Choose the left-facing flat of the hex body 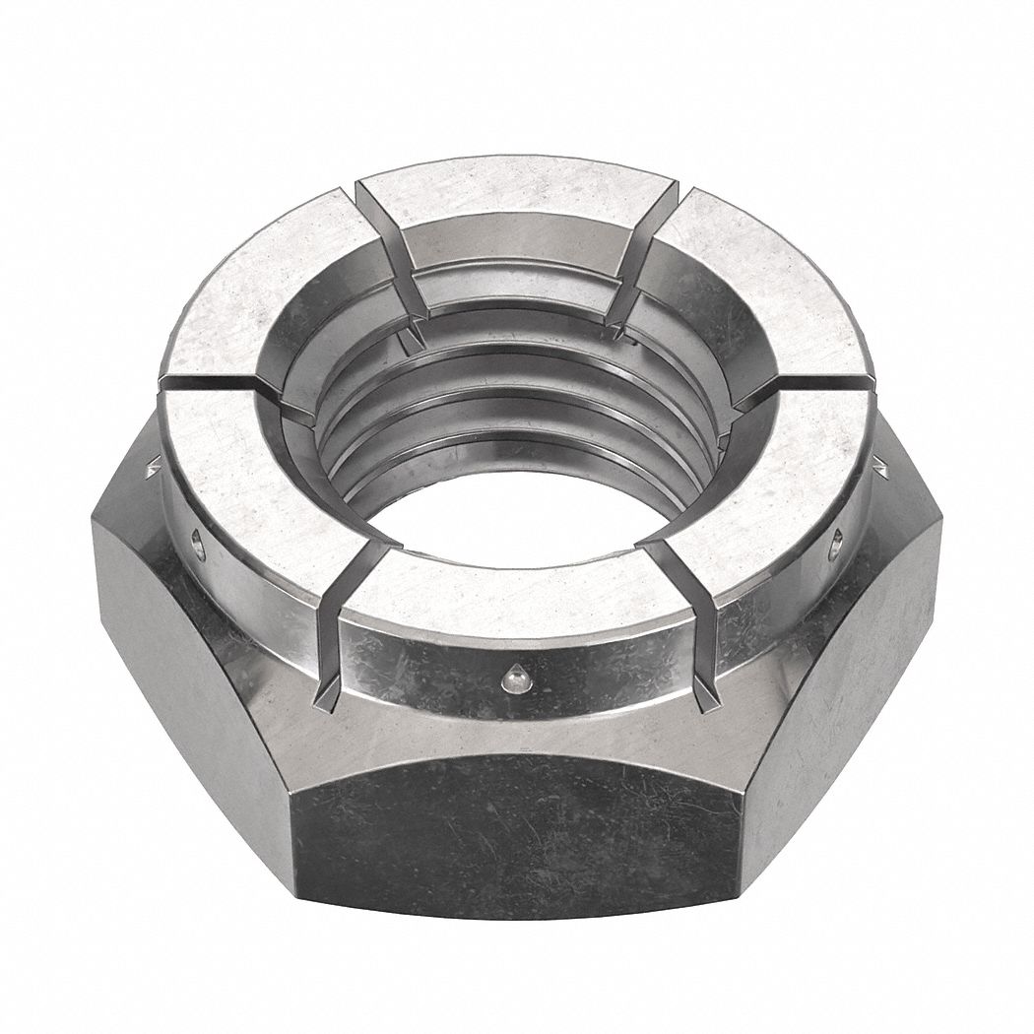(187, 670)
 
